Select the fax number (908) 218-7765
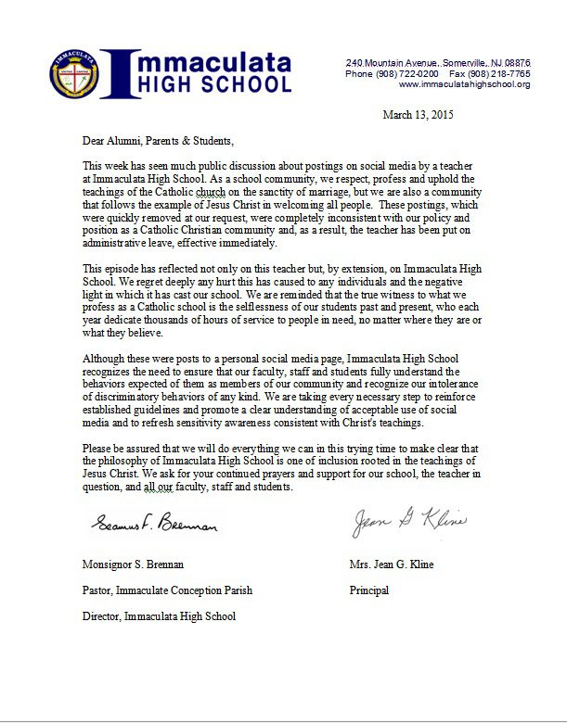tap(498, 73)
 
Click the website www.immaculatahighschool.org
tap(464, 84)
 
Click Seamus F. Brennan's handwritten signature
tap(154, 526)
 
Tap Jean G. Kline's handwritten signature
tap(408, 521)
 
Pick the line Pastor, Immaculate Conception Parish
tap(167, 590)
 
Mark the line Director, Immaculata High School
tap(159, 616)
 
